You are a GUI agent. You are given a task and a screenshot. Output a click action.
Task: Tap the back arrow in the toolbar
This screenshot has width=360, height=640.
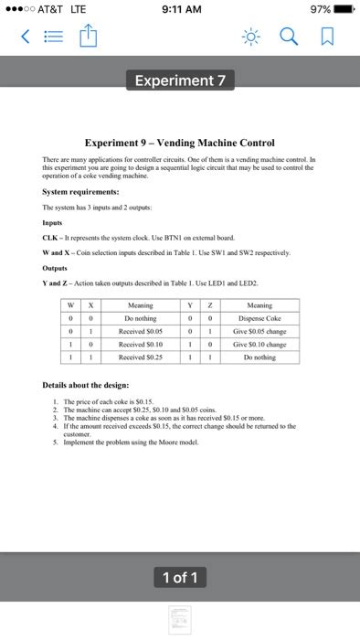[x=23, y=37]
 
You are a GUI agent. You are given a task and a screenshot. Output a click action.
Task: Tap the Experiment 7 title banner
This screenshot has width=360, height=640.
[x=179, y=80]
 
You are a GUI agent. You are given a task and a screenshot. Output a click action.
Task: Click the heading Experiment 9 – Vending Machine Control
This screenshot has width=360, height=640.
[x=179, y=143]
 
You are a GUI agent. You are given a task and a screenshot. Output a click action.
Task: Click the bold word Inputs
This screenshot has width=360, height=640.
[x=54, y=219]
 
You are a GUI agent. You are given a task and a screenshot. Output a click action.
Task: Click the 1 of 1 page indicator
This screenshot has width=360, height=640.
[x=179, y=576]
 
